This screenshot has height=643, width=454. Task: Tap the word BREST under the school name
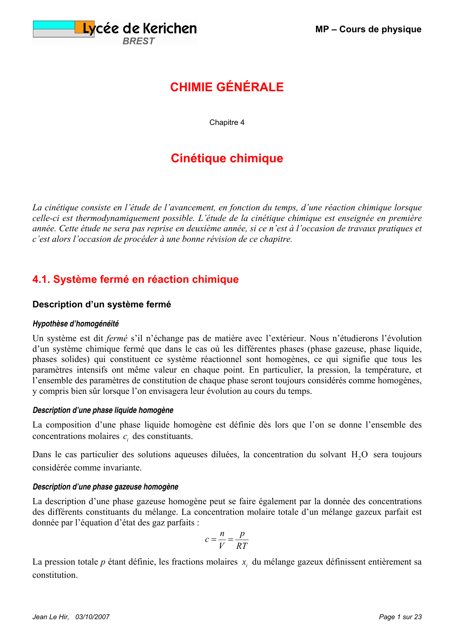tap(138, 41)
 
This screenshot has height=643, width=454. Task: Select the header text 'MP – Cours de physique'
tap(368, 29)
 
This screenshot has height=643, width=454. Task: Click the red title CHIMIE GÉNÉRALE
tap(227, 87)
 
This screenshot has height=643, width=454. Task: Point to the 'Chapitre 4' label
tap(227, 122)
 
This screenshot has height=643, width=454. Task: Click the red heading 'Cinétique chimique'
tap(227, 158)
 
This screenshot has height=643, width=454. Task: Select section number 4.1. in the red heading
tap(41, 279)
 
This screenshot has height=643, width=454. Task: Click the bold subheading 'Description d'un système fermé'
tap(101, 304)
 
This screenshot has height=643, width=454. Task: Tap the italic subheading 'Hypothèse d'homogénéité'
tap(76, 324)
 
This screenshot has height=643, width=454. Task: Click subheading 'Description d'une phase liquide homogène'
tap(103, 410)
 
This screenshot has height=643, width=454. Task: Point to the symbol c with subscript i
tap(126, 437)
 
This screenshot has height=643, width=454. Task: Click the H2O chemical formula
tap(359, 455)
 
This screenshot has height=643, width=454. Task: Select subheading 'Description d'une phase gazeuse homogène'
tap(105, 487)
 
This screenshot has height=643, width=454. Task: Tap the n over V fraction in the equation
tap(222, 540)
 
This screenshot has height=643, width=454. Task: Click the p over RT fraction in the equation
tap(242, 540)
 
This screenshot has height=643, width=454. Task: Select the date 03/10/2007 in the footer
tap(93, 617)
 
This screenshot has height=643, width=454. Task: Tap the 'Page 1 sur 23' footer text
tap(400, 617)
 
